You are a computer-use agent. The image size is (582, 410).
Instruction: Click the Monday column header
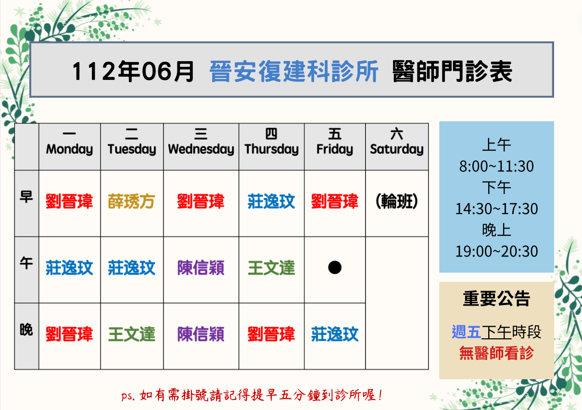click(69, 142)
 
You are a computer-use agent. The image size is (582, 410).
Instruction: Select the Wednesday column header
click(201, 142)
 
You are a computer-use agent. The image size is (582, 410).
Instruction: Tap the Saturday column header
click(397, 142)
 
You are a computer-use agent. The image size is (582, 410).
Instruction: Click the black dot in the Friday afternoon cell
click(335, 268)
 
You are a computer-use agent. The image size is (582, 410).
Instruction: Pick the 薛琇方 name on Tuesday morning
click(131, 201)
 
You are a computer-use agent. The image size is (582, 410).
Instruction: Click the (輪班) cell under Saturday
click(397, 201)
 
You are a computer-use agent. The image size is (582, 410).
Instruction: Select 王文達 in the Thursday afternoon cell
click(271, 268)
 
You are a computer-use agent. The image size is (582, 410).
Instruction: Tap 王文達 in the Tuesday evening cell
click(131, 334)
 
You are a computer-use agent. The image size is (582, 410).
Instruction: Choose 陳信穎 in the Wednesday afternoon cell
click(201, 268)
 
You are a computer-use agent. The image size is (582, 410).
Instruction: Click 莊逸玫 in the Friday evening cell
click(335, 334)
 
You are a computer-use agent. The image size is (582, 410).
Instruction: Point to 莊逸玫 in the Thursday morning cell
click(271, 201)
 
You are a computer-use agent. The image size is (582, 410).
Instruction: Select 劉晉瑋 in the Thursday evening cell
click(271, 334)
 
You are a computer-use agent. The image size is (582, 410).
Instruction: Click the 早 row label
click(26, 197)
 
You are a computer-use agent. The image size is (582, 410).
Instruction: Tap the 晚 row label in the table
click(26, 330)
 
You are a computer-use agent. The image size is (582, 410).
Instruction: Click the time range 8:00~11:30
click(496, 167)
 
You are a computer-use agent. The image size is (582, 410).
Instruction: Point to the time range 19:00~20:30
click(496, 251)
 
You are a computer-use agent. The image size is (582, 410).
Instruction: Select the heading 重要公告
click(496, 298)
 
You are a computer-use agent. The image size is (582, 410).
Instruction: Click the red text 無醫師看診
click(496, 353)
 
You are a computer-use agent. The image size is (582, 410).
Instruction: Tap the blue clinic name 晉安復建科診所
click(294, 71)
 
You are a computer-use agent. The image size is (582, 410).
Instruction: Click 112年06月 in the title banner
click(133, 71)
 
